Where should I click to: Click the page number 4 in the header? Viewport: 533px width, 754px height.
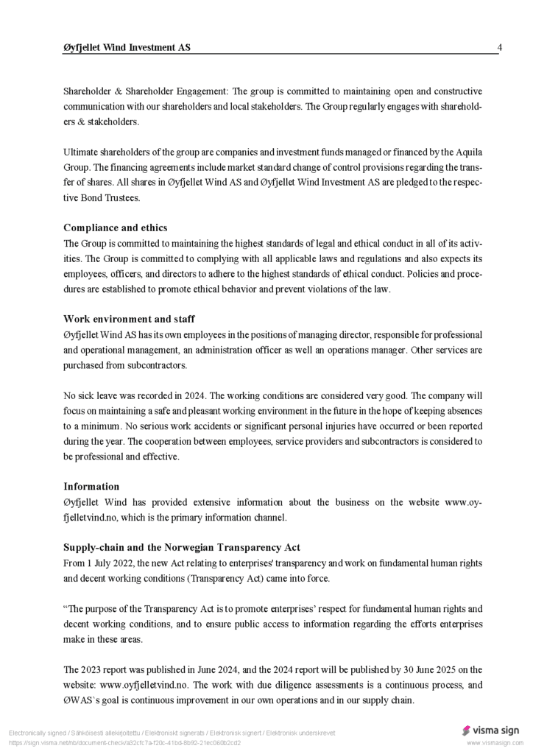pyautogui.click(x=500, y=48)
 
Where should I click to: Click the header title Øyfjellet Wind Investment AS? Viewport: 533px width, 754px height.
pyautogui.click(x=127, y=48)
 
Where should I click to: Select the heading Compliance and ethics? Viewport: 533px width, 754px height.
pyautogui.click(x=115, y=228)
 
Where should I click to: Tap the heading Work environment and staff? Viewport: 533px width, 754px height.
pyautogui.click(x=129, y=319)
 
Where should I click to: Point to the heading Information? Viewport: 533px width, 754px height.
pyautogui.click(x=91, y=486)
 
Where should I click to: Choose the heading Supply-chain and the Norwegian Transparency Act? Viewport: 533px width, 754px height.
pyautogui.click(x=182, y=547)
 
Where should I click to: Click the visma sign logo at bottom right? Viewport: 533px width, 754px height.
pyautogui.click(x=490, y=730)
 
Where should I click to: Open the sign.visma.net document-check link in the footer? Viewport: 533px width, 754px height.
pyautogui.click(x=124, y=742)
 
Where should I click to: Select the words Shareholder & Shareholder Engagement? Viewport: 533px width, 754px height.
pyautogui.click(x=146, y=91)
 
